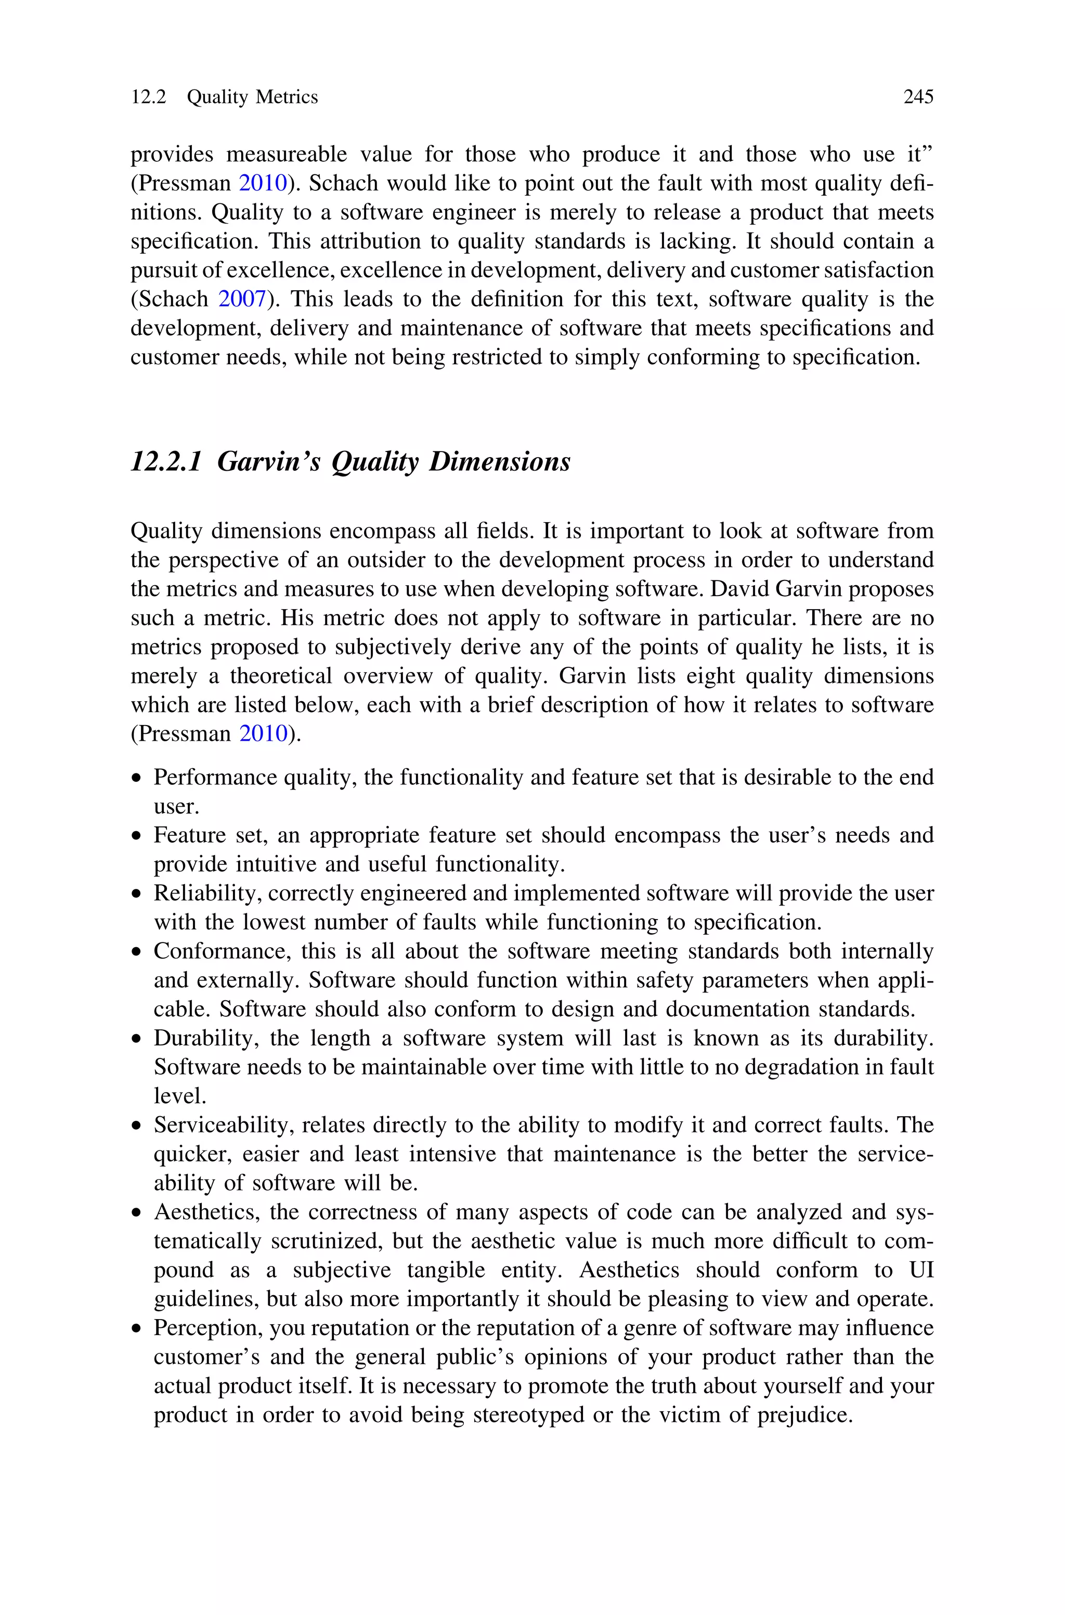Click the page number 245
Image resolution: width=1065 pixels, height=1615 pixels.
tap(918, 97)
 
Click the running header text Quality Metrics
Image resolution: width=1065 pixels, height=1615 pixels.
tap(252, 97)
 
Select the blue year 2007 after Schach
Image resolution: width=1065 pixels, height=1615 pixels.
tap(241, 299)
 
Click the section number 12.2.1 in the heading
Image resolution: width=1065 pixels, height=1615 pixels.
tap(166, 462)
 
